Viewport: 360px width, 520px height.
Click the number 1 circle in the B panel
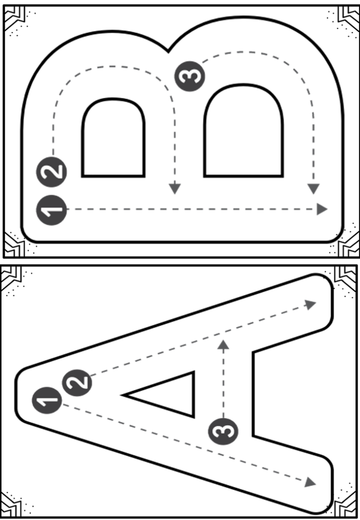click(x=52, y=209)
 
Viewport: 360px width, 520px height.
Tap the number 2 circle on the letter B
click(x=52, y=170)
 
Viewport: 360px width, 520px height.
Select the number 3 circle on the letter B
click(x=191, y=76)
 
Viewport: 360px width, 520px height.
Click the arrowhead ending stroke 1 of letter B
click(x=322, y=209)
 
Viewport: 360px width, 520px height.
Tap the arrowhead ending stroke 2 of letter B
click(x=175, y=188)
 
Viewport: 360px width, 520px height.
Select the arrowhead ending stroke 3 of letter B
click(x=313, y=188)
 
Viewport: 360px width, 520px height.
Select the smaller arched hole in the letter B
click(x=113, y=140)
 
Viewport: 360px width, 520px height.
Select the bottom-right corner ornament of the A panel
click(x=346, y=505)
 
